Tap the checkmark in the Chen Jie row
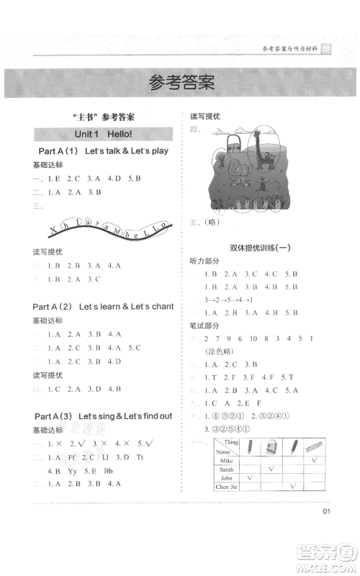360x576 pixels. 292,487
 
